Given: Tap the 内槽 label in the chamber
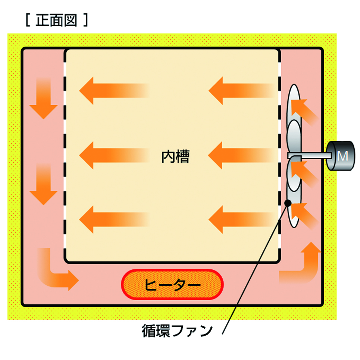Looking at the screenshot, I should tap(175, 157).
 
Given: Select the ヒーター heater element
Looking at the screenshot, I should tap(172, 285).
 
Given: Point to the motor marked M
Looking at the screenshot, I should tap(341, 156).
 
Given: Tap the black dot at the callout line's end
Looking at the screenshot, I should tap(288, 203).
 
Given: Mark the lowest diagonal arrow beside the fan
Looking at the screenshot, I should tap(304, 215).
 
